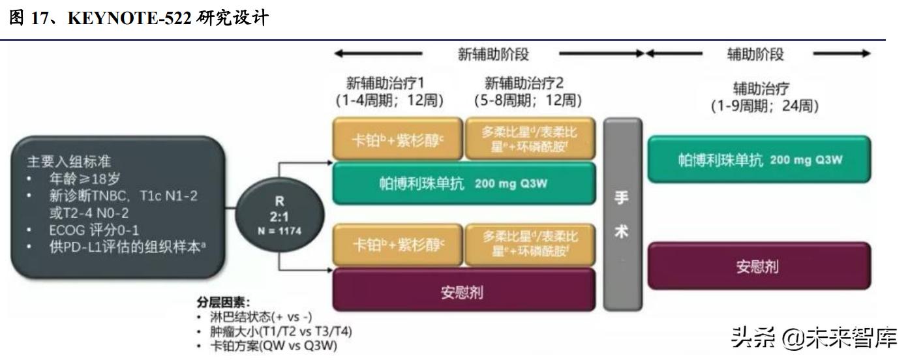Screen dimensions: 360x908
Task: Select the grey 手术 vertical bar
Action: pos(622,214)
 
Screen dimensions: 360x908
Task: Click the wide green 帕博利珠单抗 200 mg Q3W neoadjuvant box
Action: pos(464,183)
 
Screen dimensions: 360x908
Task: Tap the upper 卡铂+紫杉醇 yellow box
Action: pos(397,139)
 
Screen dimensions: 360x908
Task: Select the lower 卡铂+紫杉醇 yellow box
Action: pos(397,245)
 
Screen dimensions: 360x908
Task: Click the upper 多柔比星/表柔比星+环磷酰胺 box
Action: pos(530,139)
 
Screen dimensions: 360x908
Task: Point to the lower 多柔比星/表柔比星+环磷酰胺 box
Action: pos(530,245)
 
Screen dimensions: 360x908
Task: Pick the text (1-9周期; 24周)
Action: pos(764,106)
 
